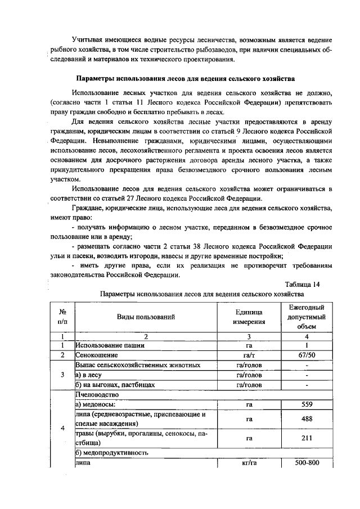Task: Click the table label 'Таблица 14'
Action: click(x=302, y=284)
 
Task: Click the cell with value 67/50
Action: click(x=307, y=355)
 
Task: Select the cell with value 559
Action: click(x=307, y=404)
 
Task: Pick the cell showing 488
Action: click(x=307, y=419)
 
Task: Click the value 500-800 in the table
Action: click(x=307, y=463)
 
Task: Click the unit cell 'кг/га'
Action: click(x=249, y=463)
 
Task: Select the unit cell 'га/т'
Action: click(x=249, y=355)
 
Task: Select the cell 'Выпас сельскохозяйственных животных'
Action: click(x=138, y=366)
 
